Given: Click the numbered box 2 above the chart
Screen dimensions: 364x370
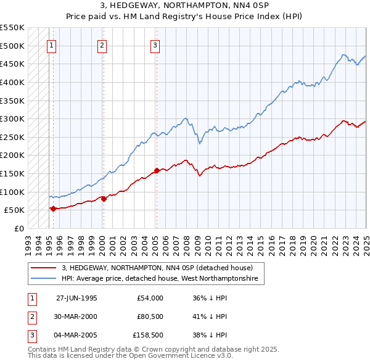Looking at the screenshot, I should pos(101,44).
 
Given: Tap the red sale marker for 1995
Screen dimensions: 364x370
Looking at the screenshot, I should pos(53,209).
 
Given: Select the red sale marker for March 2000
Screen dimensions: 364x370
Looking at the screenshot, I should pos(104,199).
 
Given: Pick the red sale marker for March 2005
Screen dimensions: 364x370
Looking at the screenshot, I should pos(157,170).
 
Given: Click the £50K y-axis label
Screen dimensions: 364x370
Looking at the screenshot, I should pos(14,210).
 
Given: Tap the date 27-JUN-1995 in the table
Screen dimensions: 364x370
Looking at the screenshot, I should pos(76,298).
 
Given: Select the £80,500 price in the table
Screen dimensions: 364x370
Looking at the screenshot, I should pos(150,317).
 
